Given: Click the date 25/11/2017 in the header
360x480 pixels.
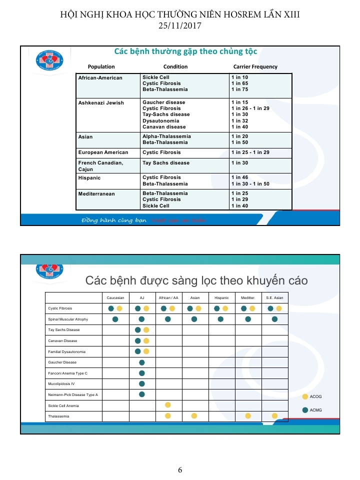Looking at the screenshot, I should point(179,26).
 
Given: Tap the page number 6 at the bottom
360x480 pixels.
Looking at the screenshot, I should point(180,469).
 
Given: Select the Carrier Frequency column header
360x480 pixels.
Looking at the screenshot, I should point(255,66).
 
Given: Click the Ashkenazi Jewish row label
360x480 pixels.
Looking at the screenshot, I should point(101,102).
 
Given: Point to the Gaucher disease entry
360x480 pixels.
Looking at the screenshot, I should point(163,102).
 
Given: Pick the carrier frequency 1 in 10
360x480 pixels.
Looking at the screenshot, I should point(239,77).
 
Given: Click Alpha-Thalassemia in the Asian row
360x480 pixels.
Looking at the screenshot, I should point(166,136).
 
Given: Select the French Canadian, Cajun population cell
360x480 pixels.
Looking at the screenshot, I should point(100,166).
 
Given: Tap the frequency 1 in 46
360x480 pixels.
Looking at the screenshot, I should point(239,177).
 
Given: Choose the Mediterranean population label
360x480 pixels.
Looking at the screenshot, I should point(96,193).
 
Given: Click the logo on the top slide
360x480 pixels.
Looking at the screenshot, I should point(49,60).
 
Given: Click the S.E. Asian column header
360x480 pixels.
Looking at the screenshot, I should point(274,297).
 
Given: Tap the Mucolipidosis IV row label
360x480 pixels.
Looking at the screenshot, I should point(61,384).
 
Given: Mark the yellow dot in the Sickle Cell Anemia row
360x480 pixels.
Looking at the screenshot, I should point(168,405).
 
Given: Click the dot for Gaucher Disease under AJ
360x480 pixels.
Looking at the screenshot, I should point(141,362).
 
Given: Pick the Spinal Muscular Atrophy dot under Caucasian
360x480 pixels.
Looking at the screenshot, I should point(115,319).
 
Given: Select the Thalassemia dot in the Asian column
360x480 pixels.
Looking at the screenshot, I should point(194,415).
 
